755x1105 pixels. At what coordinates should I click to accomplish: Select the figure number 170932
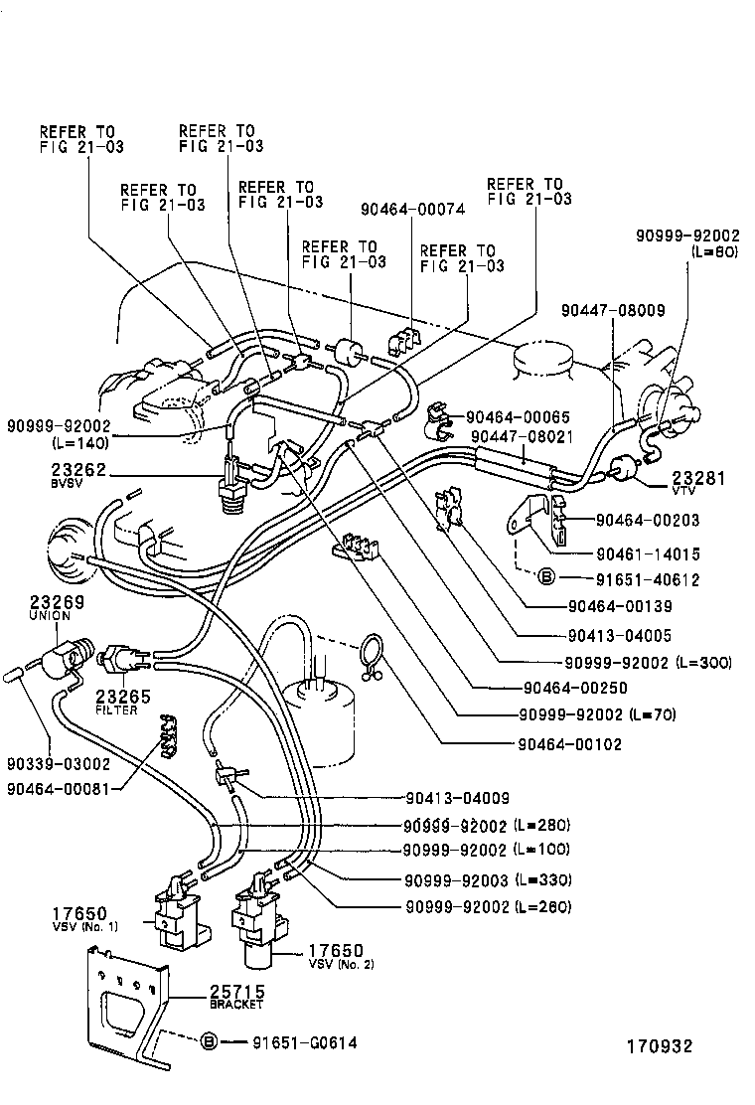click(x=658, y=1046)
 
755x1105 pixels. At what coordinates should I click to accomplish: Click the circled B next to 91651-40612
click(x=544, y=576)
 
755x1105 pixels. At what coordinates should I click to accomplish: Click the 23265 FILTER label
click(x=123, y=702)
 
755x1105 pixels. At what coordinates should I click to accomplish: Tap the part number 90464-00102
click(x=569, y=743)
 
